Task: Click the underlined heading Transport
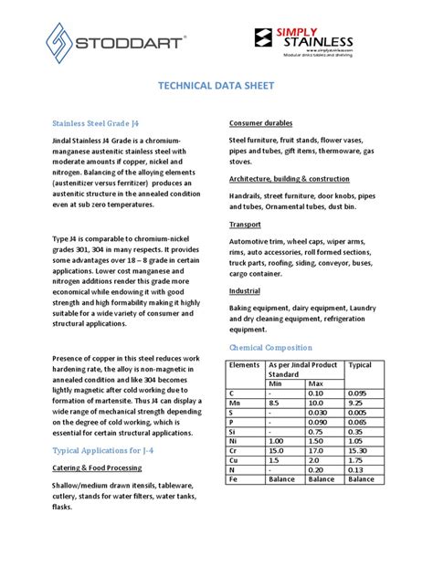coord(246,224)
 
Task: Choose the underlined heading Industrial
coord(247,290)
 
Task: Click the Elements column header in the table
coord(245,364)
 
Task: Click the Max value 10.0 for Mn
coord(317,403)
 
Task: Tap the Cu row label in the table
coord(234,462)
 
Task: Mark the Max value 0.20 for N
coord(317,473)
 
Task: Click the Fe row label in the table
coord(233,484)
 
